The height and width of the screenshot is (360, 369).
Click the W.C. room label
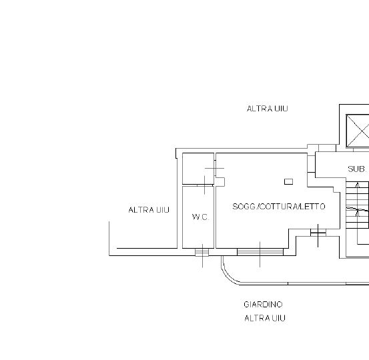pos(200,217)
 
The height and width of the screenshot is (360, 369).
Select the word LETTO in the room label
pos(313,207)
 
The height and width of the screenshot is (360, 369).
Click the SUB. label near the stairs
pos(357,169)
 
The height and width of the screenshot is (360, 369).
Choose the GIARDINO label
pos(263,305)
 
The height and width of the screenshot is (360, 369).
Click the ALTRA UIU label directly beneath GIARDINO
pos(265,318)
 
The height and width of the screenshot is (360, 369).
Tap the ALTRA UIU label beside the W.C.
pos(149,210)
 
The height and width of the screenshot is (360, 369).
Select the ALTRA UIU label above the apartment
pos(268,109)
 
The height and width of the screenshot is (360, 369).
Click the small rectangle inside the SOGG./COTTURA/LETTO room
pos(288,181)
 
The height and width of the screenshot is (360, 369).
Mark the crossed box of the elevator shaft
pos(358,131)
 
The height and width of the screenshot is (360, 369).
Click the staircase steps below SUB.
pos(357,205)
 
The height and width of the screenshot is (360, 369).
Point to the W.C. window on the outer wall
pos(202,253)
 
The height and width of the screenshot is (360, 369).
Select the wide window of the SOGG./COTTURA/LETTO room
pos(260,252)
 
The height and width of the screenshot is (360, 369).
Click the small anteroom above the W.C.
pos(198,169)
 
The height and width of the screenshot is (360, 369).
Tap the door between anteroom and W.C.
pos(205,185)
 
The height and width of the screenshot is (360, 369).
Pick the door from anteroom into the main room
pos(215,169)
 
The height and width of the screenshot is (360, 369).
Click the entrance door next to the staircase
pos(318,233)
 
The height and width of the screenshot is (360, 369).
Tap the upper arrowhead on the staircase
pos(358,185)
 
